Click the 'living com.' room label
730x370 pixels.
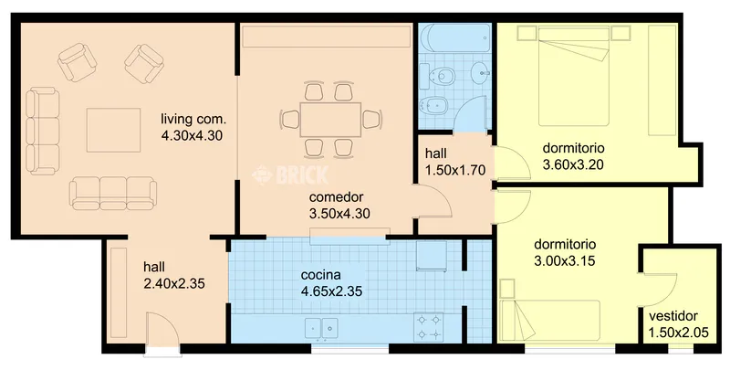193,119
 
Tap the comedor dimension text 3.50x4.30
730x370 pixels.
339,214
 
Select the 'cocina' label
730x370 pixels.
321,274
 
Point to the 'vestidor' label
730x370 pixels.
673,316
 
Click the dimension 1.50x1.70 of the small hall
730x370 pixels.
454,170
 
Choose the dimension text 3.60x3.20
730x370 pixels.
573,164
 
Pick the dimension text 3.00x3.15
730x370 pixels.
565,261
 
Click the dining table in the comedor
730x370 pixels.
330,120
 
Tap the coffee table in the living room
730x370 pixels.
113,130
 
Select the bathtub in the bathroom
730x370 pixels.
454,38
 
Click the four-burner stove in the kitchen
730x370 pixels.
428,327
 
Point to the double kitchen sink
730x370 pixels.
322,328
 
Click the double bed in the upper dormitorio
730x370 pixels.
574,77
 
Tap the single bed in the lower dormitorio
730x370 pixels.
550,320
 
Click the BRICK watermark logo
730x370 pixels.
290,174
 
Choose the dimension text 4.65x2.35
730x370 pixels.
331,291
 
